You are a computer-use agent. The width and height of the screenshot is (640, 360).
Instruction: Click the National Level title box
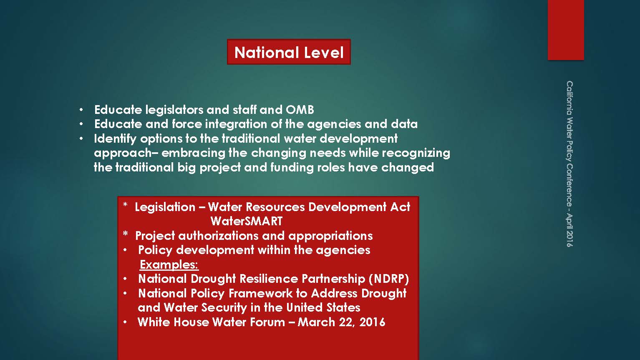[x=289, y=52]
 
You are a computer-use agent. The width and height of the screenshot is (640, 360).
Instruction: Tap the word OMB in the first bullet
[x=300, y=110]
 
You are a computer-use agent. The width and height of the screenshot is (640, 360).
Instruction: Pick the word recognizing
[x=416, y=153]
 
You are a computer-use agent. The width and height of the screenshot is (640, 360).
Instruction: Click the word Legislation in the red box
[x=165, y=207]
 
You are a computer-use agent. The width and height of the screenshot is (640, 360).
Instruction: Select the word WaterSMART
[x=246, y=221]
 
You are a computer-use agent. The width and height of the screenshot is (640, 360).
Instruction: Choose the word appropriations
[x=330, y=236]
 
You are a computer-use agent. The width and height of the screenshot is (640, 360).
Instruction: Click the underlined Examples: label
[x=169, y=265]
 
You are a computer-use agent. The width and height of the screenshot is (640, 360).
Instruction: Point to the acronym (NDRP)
[x=389, y=279]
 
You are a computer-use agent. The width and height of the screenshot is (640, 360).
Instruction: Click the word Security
[x=224, y=308]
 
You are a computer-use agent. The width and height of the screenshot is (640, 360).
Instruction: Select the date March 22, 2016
[x=341, y=322]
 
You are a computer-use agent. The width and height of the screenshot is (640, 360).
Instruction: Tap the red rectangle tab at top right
[x=566, y=30]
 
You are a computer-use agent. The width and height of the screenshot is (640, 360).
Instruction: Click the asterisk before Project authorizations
[x=125, y=234]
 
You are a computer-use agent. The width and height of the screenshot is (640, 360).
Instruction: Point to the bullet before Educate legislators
[x=81, y=110]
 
